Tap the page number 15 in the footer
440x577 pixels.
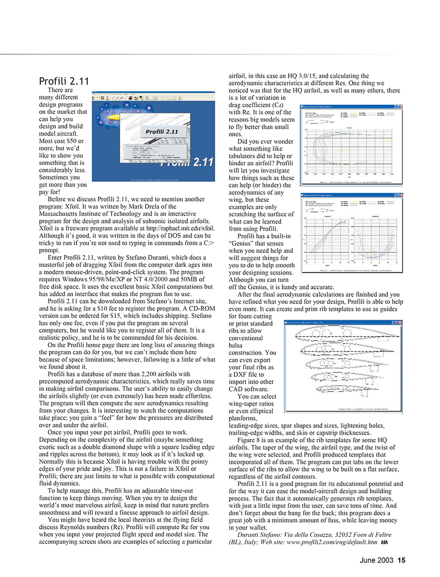(x=402, y=560)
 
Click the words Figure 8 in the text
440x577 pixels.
(x=251, y=440)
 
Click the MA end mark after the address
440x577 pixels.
(x=384, y=542)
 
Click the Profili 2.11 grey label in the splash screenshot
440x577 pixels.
(x=159, y=131)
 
